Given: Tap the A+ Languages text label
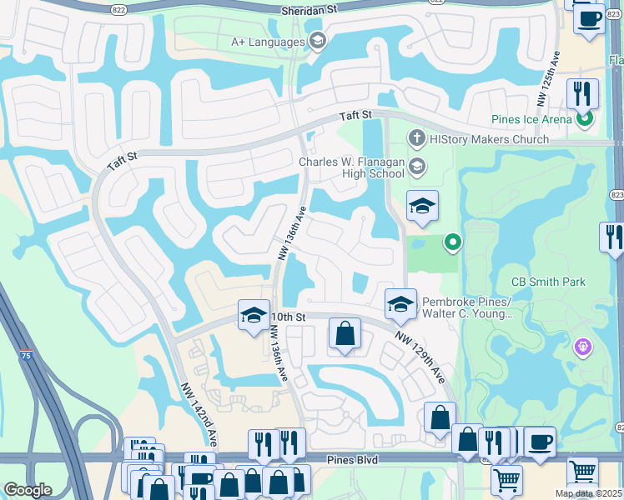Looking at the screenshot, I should tap(268, 42).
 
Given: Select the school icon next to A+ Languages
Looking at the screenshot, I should tap(316, 42).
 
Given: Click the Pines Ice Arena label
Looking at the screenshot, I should tap(531, 119).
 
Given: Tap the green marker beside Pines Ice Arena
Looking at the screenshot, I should tap(585, 119).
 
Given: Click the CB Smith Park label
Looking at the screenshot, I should tap(546, 282).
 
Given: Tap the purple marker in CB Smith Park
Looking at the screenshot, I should tap(582, 345).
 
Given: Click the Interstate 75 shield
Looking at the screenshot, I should tap(27, 355).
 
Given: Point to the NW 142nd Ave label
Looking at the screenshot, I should tap(199, 413).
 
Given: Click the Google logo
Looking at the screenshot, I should tap(28, 490).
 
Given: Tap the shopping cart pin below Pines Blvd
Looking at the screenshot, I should tap(506, 481).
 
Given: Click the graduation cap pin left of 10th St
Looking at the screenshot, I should tap(254, 315).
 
